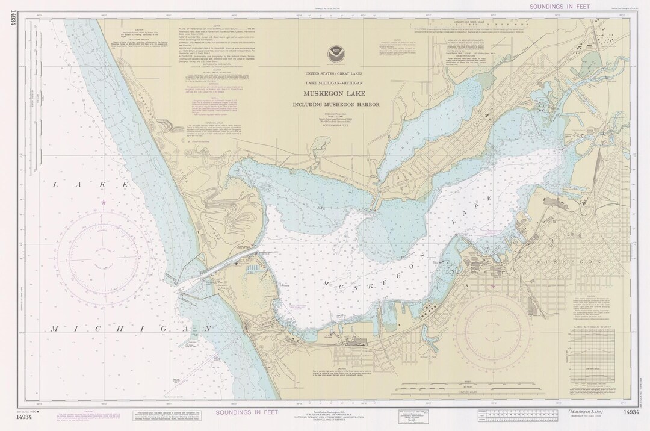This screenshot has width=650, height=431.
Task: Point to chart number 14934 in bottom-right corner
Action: pos(631,412)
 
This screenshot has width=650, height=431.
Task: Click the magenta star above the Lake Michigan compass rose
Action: pos(104,202)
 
